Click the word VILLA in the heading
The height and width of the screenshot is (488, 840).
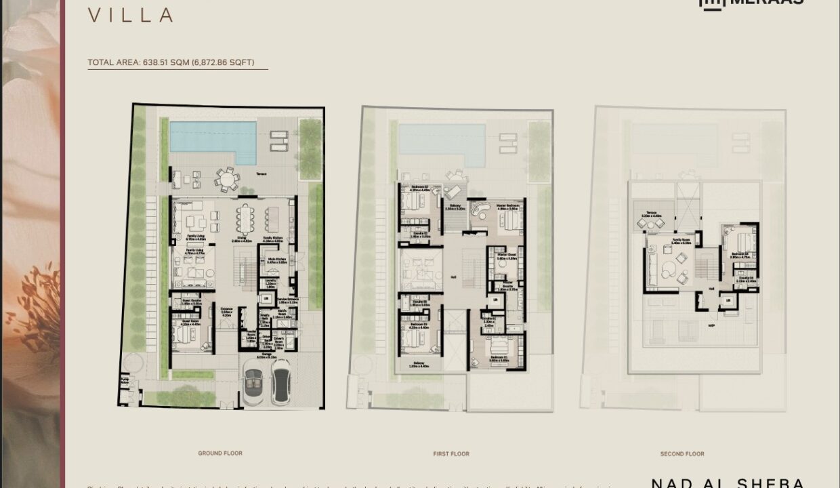tap(130, 15)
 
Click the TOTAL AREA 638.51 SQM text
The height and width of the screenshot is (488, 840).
tap(171, 62)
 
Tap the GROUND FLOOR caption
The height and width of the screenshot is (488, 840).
tap(220, 453)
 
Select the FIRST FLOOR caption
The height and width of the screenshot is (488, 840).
tap(451, 453)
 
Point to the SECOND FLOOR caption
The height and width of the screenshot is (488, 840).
tap(682, 453)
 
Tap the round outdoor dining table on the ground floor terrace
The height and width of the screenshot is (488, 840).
tap(226, 180)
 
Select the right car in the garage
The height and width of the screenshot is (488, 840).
tap(280, 382)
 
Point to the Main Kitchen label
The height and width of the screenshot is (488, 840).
tap(276, 260)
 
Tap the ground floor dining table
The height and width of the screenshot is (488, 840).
tap(245, 219)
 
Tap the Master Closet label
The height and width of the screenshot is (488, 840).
tap(507, 258)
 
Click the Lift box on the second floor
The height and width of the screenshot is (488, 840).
tap(729, 300)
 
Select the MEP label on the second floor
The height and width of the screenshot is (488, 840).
tap(711, 325)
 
